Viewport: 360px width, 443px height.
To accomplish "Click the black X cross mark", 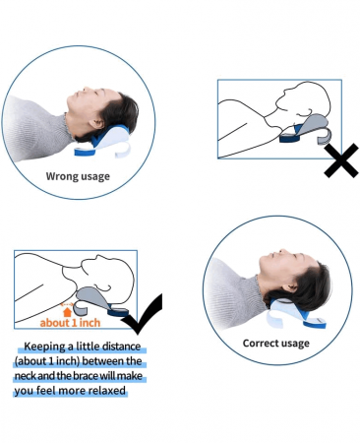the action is (x=341, y=160).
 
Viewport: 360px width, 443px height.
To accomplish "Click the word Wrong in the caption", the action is (x=62, y=176).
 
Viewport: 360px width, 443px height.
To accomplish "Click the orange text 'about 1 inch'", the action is (x=70, y=323).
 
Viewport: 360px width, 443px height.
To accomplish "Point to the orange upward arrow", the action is (x=67, y=312).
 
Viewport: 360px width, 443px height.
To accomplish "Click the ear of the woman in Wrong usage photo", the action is (x=96, y=124).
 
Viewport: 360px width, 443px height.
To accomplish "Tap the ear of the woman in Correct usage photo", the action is (x=289, y=287).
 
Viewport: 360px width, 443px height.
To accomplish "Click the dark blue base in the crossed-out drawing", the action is (x=290, y=137).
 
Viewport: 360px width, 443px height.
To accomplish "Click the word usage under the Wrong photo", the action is (x=95, y=177).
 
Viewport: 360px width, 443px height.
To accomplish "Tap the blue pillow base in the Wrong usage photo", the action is (x=87, y=151).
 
